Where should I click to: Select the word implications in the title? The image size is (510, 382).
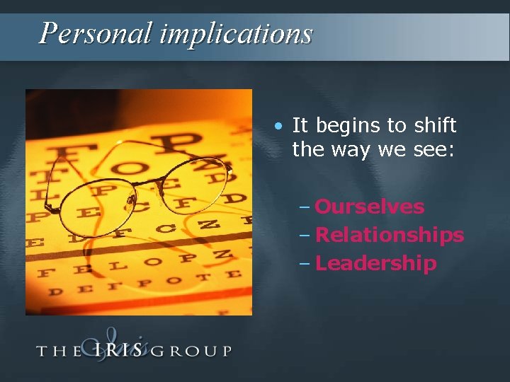coord(235,33)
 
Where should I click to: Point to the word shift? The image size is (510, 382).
coord(433,126)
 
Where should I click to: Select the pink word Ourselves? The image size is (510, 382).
coord(369,207)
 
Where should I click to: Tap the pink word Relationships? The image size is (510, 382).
coord(389,235)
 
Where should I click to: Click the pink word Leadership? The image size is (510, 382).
coord(375,263)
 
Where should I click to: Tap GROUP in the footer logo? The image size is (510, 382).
coord(191,350)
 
